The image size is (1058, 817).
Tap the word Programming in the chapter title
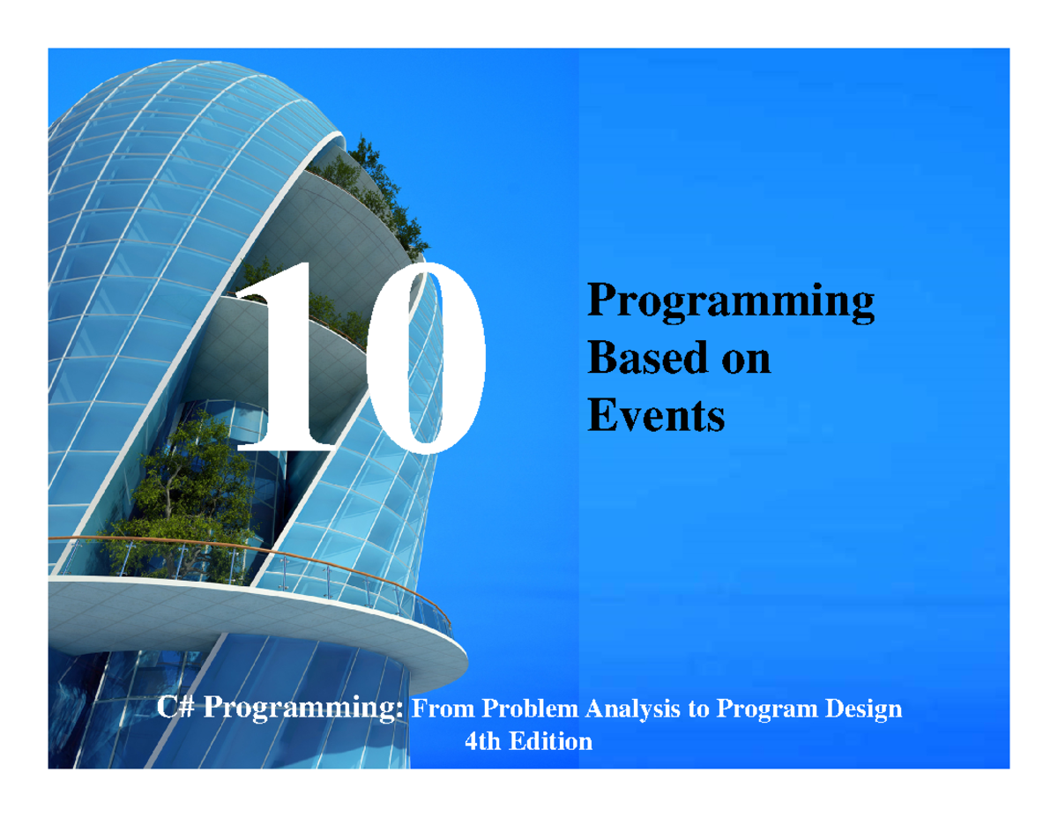731,302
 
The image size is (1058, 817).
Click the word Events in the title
655,415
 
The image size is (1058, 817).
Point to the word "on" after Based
744,360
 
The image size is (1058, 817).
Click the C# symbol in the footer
175,709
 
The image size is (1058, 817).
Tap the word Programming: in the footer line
304,709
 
